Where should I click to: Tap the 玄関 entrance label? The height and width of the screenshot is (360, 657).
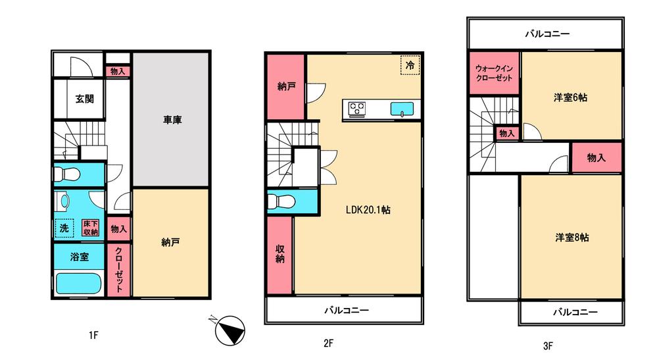[x=84, y=99]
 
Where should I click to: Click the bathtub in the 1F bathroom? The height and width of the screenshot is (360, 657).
[x=78, y=284]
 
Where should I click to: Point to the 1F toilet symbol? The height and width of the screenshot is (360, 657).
[x=68, y=175]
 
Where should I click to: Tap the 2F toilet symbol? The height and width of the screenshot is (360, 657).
[x=283, y=201]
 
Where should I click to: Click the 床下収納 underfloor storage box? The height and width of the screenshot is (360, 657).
[x=91, y=228]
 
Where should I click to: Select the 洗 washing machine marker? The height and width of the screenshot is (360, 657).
[x=64, y=227]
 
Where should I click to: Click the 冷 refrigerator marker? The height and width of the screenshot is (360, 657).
[x=410, y=66]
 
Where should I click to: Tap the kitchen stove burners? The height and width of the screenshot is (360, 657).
[x=357, y=108]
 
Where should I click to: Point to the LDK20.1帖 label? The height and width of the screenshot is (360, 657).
[x=369, y=210]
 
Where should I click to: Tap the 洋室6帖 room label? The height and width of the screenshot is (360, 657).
[x=570, y=97]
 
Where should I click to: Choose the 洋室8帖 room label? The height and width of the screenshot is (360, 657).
[x=570, y=237]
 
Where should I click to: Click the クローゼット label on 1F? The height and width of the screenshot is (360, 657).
[x=119, y=269]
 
